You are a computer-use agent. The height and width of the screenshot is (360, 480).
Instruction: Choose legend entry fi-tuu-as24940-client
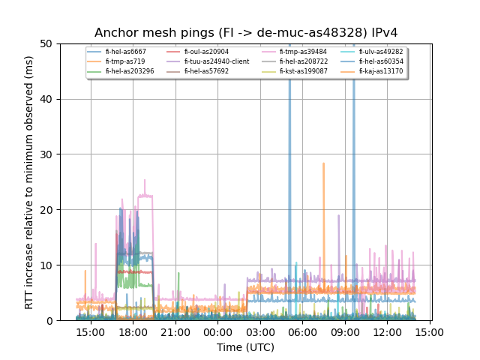click(217, 61)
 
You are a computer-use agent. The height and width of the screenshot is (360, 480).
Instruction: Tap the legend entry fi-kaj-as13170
click(380, 71)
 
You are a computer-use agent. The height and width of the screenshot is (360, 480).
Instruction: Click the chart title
click(246, 33)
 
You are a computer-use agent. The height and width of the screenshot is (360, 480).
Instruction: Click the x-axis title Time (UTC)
click(245, 347)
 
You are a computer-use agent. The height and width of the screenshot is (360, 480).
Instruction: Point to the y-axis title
click(29, 182)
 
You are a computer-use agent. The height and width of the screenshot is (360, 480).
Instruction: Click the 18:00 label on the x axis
click(133, 331)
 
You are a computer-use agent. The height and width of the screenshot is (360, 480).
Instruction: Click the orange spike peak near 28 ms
click(323, 163)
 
